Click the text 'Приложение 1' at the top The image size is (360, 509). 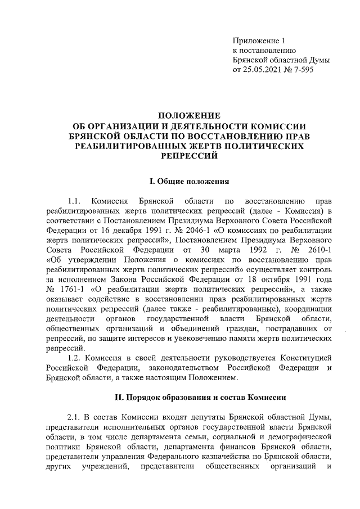click(259, 40)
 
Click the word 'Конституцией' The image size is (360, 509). click(302, 358)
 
